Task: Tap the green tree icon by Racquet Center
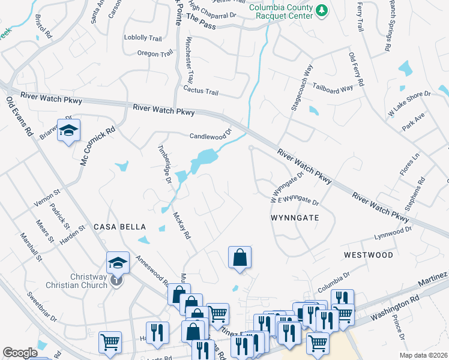pyautogui.click(x=322, y=10)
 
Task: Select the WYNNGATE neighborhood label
pyautogui.click(x=294, y=218)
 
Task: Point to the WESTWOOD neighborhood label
pyautogui.click(x=369, y=255)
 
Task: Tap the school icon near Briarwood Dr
pyautogui.click(x=68, y=130)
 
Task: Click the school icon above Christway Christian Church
pyautogui.click(x=117, y=262)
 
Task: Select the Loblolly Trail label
pyautogui.click(x=143, y=38)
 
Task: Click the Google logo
pyautogui.click(x=20, y=353)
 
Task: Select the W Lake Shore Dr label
pyautogui.click(x=410, y=103)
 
